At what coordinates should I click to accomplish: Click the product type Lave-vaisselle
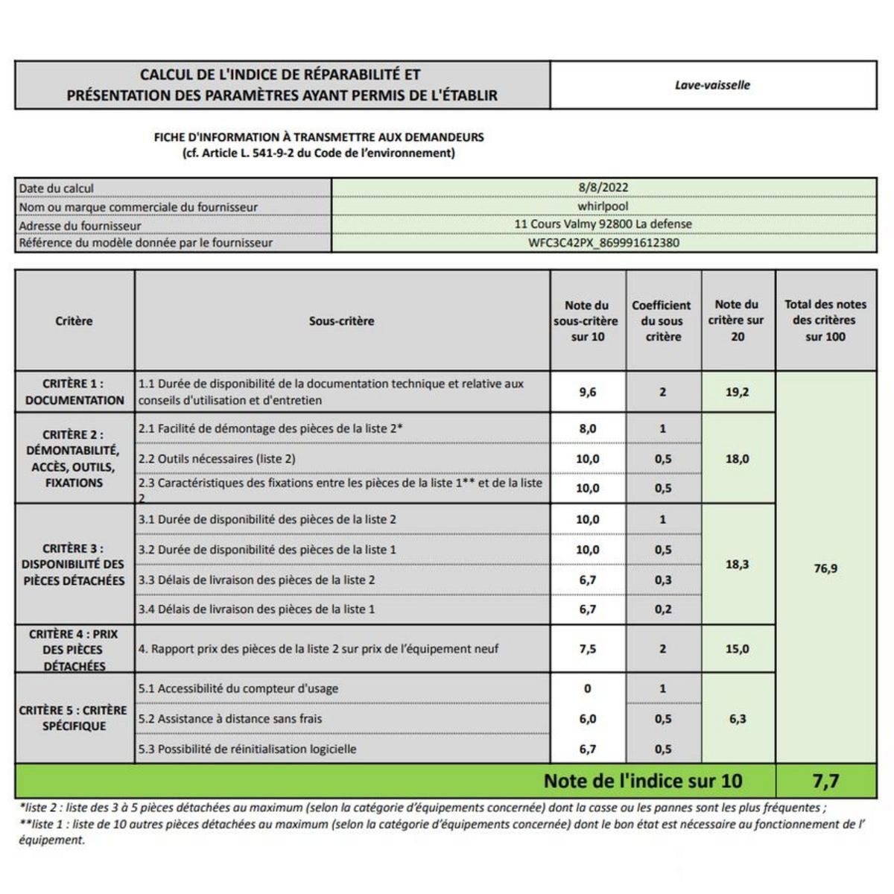(x=712, y=85)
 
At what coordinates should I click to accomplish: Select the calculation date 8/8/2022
(x=603, y=188)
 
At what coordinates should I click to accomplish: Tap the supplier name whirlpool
(x=603, y=206)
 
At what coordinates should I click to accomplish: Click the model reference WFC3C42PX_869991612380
(x=603, y=243)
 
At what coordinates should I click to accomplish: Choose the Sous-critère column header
(x=341, y=321)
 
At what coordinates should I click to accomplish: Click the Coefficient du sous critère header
(x=662, y=321)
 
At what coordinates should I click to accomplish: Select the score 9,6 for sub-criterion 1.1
(x=588, y=392)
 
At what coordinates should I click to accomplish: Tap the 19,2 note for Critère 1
(x=737, y=392)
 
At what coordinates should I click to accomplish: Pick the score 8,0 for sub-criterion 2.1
(x=588, y=429)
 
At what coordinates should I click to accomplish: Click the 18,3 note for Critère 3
(x=737, y=565)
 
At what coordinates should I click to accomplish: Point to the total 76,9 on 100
(x=825, y=568)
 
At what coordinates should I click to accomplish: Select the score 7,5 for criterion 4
(x=588, y=649)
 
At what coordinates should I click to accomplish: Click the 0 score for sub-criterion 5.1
(x=588, y=689)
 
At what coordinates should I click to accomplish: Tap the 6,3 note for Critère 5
(x=737, y=719)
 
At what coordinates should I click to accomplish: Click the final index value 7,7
(x=825, y=781)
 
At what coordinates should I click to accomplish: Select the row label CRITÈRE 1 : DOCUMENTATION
(x=74, y=392)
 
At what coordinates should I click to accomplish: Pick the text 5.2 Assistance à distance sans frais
(x=230, y=719)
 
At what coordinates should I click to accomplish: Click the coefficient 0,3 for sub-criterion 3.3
(x=662, y=580)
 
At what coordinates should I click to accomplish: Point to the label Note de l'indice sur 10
(x=643, y=781)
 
